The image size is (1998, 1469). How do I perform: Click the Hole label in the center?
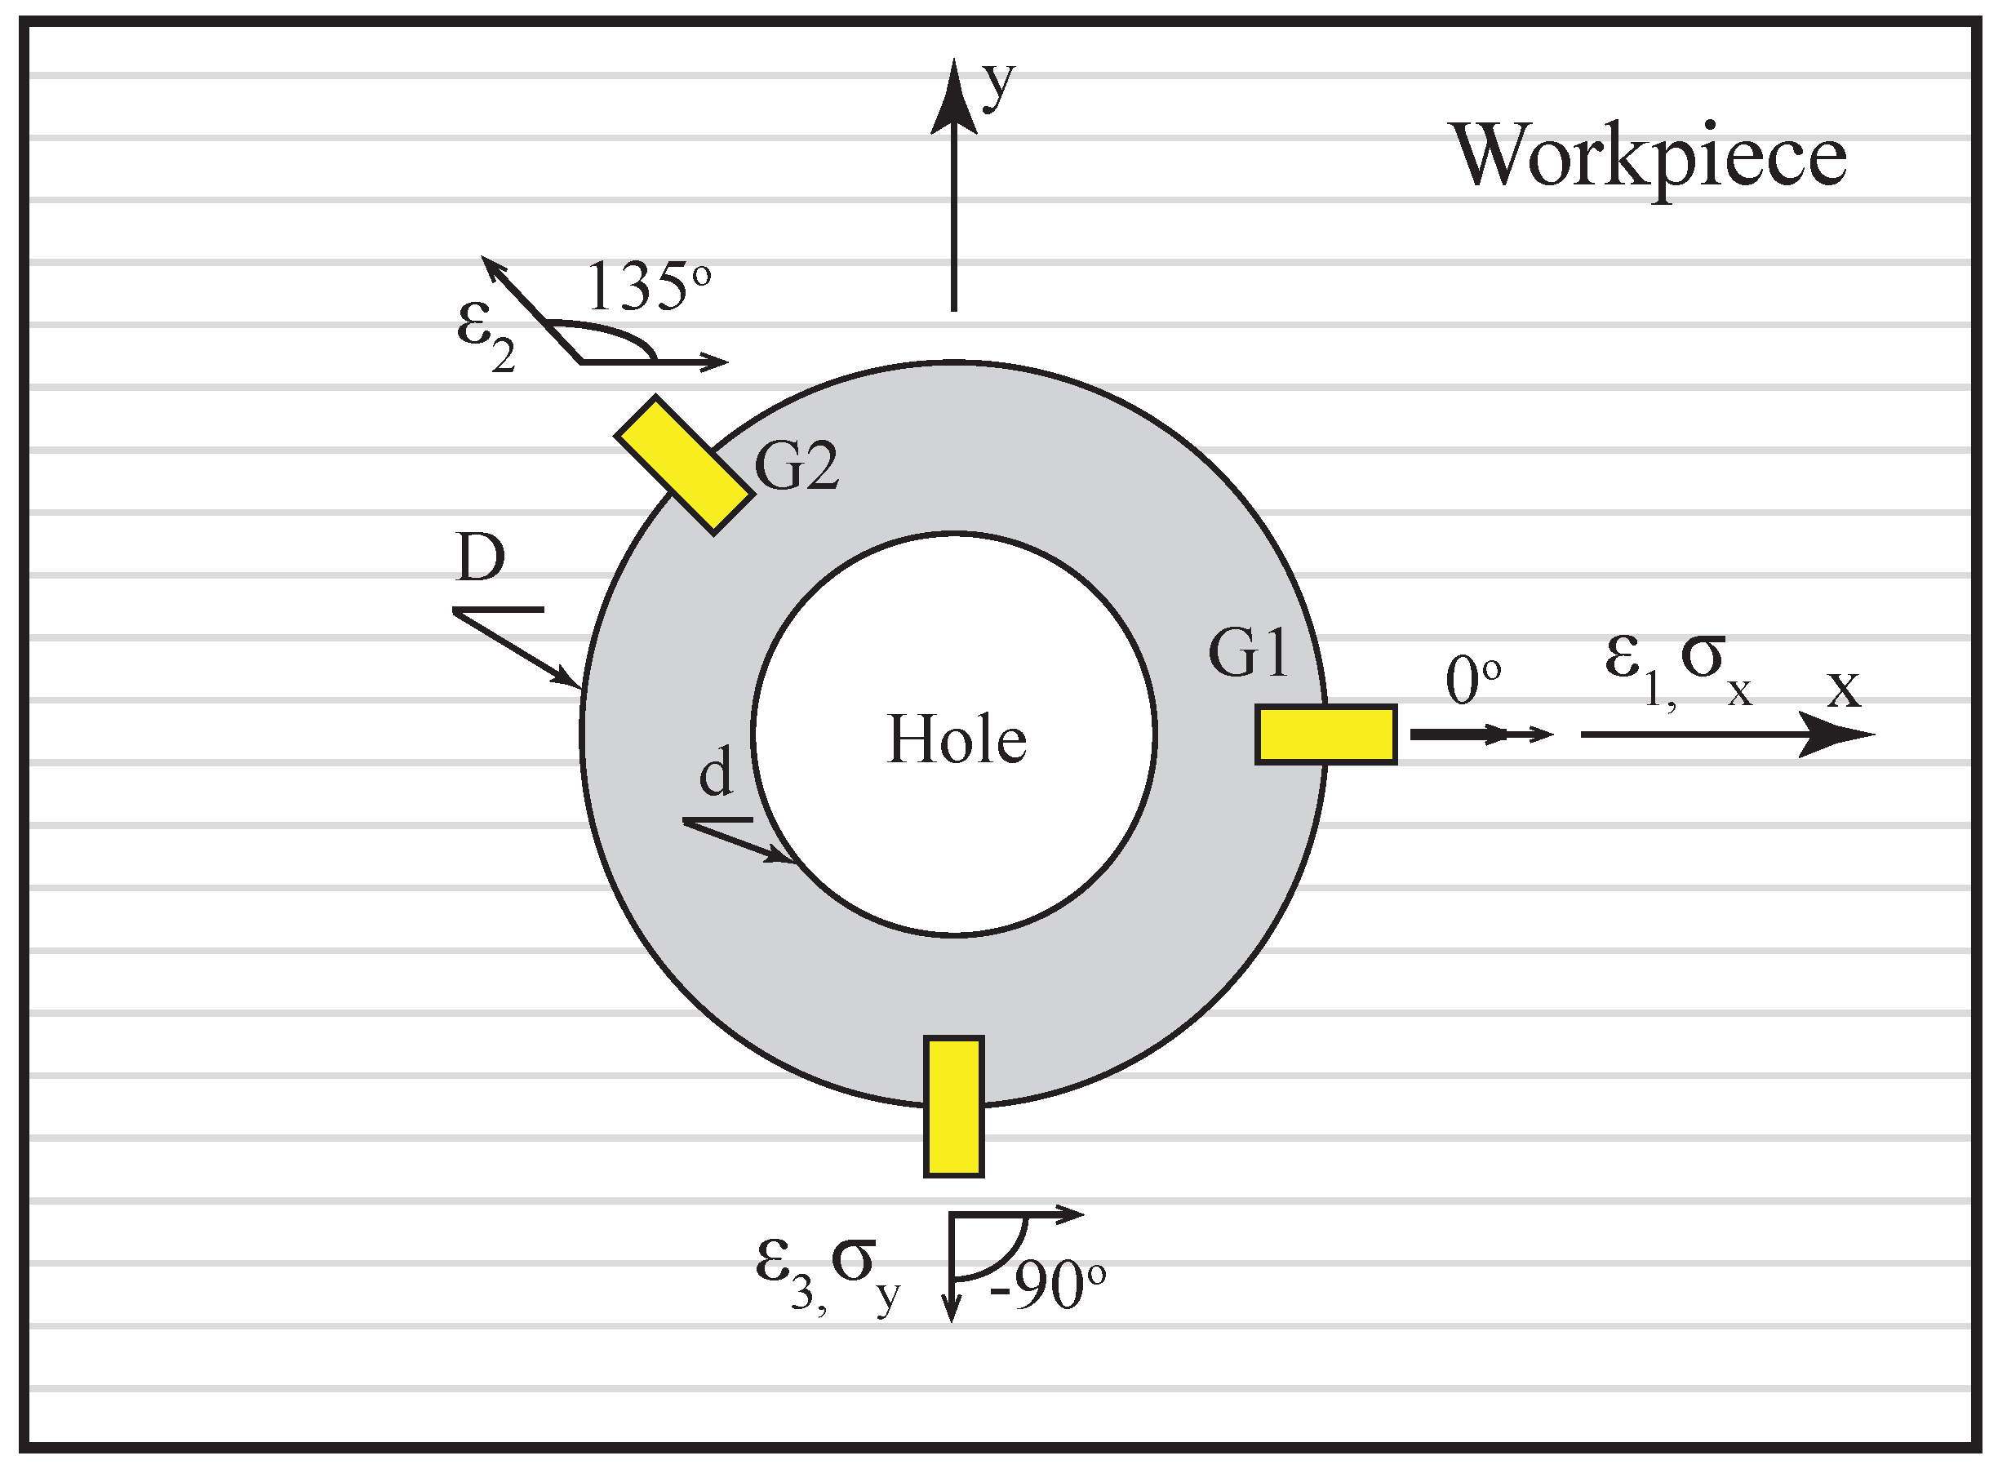tap(957, 740)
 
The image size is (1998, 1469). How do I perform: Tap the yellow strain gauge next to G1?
tap(1325, 734)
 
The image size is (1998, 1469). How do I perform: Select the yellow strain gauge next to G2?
tap(685, 466)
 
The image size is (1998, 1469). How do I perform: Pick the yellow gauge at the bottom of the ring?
tap(953, 1106)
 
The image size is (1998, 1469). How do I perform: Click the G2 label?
tap(796, 466)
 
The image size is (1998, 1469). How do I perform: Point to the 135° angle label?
tap(647, 286)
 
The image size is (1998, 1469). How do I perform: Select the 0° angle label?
tap(1472, 681)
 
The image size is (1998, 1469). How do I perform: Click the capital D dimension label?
tap(480, 557)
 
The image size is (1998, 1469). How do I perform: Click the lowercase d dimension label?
tap(716, 772)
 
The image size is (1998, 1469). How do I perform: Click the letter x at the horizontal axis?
tap(1843, 688)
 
